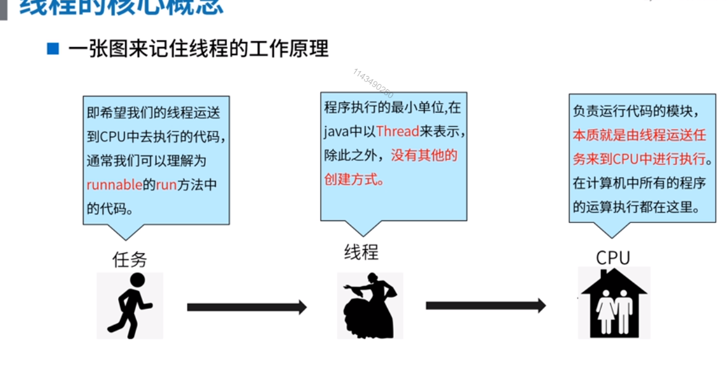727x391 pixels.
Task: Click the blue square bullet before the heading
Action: pos(53,48)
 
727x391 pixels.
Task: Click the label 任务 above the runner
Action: pos(130,259)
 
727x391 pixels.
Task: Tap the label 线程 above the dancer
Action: pos(361,252)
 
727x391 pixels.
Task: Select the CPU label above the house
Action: pos(613,258)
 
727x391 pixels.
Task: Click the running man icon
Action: pos(130,305)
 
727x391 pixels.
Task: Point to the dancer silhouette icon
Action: pos(370,305)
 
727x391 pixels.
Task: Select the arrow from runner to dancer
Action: pos(247,307)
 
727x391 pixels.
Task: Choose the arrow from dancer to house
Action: pos(486,305)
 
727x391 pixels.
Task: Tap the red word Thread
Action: pos(398,131)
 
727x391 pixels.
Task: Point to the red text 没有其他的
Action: pos(424,155)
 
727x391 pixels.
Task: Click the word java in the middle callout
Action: pos(337,131)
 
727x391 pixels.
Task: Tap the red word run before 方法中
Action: pos(166,185)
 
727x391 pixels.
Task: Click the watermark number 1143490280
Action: pos(373,83)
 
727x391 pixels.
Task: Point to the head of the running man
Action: pos(137,280)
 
